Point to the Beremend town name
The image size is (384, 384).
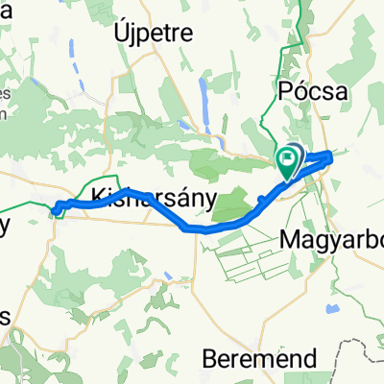pos(260,359)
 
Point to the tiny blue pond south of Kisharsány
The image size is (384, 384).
pos(169,276)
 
